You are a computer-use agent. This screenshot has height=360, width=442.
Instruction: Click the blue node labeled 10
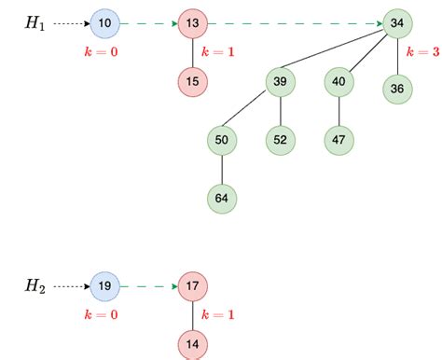point(104,23)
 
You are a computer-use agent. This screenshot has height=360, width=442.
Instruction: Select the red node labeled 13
point(193,23)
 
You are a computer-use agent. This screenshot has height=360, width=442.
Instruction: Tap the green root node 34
point(397,23)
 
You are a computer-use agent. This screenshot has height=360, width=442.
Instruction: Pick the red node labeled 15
point(193,82)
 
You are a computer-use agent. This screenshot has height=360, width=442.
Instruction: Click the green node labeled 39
point(281,82)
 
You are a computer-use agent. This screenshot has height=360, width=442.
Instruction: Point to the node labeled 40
point(338,82)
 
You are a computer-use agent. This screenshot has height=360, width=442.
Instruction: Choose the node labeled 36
point(397,89)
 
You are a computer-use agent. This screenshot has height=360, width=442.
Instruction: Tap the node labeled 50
point(222,140)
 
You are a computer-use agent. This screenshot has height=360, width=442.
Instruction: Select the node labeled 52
point(281,140)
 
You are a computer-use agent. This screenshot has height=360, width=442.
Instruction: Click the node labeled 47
point(338,140)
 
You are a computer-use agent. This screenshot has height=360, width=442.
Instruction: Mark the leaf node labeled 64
point(222,199)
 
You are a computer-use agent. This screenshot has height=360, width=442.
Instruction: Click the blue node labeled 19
point(104,286)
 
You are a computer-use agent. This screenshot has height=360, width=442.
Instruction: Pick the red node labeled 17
point(193,286)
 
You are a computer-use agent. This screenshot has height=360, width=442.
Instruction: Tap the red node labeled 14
point(193,344)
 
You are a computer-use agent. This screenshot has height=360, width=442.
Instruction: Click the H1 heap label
point(35,23)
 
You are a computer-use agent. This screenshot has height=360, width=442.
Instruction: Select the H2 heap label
point(35,286)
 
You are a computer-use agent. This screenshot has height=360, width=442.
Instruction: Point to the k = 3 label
point(423,51)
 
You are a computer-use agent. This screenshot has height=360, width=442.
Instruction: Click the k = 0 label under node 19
point(102,314)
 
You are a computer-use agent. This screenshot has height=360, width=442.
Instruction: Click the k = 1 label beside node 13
point(218,51)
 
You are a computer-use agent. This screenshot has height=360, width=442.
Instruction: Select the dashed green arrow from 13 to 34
point(296,23)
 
